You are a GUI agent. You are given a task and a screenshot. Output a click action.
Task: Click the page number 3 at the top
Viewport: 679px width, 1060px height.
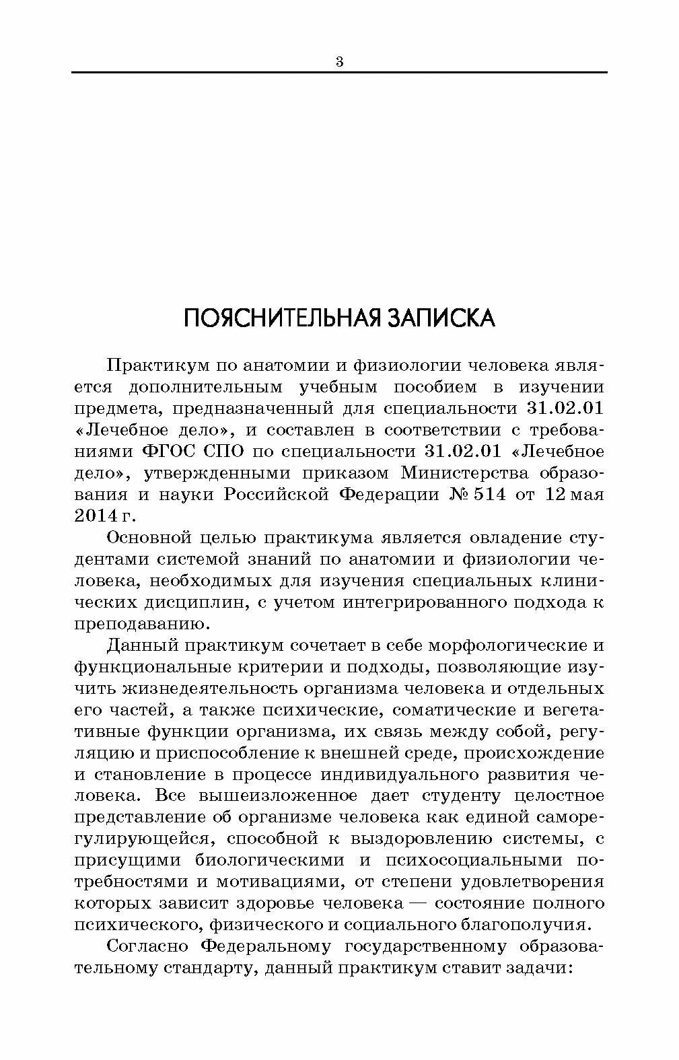click(339, 63)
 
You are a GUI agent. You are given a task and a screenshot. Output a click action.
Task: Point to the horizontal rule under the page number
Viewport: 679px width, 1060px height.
click(339, 72)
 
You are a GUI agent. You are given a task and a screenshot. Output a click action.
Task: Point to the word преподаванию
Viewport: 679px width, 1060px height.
click(141, 624)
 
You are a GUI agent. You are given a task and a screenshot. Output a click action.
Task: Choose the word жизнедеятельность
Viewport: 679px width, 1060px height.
click(209, 688)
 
